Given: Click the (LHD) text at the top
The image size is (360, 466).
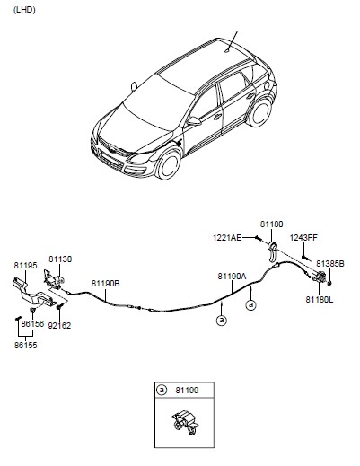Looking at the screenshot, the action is (24, 10).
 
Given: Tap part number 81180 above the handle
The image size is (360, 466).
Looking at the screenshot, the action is (271, 224).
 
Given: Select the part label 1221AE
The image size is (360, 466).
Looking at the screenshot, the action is (227, 238).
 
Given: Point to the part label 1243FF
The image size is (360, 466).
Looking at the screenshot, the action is (303, 238).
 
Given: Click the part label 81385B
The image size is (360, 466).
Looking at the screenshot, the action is (330, 264).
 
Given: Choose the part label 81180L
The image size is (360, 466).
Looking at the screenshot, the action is (320, 299).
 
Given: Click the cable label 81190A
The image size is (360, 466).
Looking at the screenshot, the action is (232, 277).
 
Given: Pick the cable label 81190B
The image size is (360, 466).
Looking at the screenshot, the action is (106, 283).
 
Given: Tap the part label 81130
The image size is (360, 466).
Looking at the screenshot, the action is (60, 259).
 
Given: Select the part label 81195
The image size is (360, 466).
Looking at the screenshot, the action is (25, 266).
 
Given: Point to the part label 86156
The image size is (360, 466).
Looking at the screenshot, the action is (32, 324).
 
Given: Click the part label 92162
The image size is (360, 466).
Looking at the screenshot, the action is (59, 325).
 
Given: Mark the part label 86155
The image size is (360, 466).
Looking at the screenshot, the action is (26, 345).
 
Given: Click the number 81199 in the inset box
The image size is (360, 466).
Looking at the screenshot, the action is (187, 391).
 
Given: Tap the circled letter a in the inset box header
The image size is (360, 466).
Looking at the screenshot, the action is (162, 390).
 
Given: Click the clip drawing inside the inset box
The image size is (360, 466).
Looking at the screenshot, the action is (185, 422).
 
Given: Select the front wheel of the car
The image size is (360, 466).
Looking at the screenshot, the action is (169, 164).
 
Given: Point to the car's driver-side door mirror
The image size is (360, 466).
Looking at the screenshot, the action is (194, 121).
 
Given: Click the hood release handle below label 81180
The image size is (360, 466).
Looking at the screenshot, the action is (273, 252).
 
